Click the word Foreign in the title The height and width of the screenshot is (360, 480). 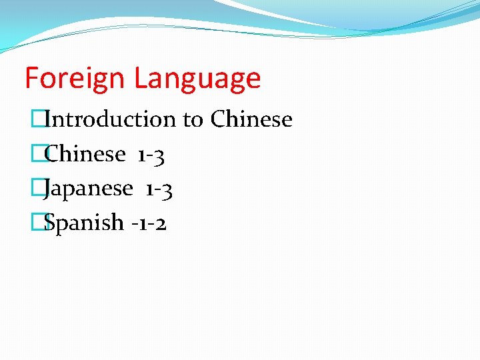click(75, 79)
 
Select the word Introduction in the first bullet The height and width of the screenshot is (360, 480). click(110, 119)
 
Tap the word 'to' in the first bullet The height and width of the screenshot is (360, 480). click(193, 120)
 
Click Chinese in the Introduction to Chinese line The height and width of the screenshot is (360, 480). click(251, 119)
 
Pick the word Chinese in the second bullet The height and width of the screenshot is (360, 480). click(85, 154)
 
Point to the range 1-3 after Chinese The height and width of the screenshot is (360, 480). click(151, 155)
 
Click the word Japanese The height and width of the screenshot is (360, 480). click(89, 189)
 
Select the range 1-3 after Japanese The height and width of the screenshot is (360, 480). click(159, 190)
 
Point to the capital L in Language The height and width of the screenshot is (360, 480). click(139, 79)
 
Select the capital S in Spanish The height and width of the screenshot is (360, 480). click(49, 222)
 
